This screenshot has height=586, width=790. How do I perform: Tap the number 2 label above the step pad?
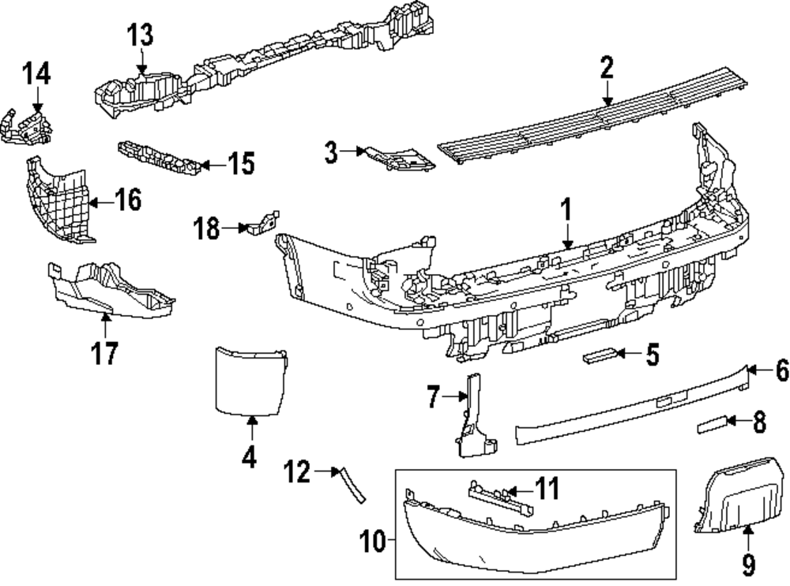(x=606, y=68)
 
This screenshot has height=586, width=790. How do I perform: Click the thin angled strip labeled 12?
(x=352, y=484)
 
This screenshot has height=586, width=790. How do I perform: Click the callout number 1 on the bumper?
(x=566, y=212)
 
